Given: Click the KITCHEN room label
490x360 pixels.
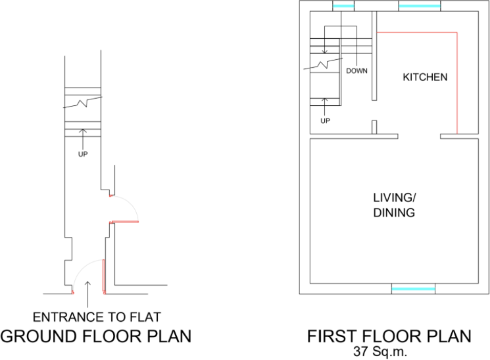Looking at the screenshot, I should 425,77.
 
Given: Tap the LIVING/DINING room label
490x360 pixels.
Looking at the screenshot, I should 394,205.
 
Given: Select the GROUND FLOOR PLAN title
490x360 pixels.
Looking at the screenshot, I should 96,336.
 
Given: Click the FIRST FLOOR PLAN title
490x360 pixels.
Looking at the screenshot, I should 389,336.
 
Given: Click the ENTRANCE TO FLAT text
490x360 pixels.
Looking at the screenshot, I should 97,317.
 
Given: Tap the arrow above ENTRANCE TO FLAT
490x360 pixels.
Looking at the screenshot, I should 87,287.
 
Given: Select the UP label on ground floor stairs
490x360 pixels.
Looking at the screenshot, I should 82,154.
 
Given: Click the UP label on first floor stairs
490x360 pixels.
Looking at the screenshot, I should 325,121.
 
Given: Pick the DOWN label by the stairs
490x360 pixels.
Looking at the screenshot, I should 356,70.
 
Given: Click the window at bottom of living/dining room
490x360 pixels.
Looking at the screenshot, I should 413,289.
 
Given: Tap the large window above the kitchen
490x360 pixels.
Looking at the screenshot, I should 419,7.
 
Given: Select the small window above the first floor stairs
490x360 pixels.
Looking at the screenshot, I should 342,7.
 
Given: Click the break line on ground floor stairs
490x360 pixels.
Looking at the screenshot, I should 82,103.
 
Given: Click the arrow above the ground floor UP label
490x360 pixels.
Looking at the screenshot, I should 82,137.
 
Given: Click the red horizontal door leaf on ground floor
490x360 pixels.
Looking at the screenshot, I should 125,222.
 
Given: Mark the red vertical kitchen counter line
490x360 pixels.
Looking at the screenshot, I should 457,82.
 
